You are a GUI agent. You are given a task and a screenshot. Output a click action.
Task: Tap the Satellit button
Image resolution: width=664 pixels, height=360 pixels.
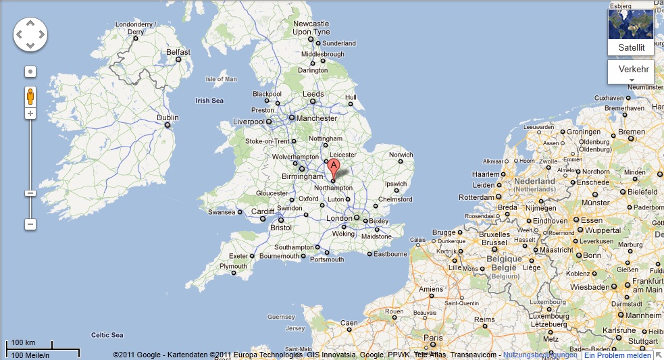point(632,47)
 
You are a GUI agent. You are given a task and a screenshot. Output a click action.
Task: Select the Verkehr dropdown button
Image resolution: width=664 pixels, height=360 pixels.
point(632,70)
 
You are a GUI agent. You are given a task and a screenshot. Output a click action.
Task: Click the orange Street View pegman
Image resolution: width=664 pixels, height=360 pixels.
point(30,96)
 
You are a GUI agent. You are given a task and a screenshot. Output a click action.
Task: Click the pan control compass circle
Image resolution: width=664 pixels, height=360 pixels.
point(30,34)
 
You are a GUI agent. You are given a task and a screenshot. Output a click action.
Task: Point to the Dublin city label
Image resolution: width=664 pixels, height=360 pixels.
point(168,117)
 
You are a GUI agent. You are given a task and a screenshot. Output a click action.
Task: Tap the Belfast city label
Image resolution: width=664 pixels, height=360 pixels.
point(178,52)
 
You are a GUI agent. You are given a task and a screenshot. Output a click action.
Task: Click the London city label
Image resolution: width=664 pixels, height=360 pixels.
point(339,218)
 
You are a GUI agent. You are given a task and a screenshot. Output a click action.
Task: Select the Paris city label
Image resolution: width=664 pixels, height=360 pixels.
point(432,337)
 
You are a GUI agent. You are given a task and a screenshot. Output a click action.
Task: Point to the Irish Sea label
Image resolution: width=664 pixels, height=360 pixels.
point(209,101)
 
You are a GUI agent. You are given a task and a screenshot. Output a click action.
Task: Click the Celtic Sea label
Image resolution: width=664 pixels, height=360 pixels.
point(107,335)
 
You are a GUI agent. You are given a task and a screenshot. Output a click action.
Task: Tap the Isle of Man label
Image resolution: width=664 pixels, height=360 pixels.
point(222,79)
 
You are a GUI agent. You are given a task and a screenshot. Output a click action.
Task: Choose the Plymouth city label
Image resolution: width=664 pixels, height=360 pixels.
point(234,266)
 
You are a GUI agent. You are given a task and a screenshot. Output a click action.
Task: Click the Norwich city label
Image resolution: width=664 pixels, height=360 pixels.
point(401,155)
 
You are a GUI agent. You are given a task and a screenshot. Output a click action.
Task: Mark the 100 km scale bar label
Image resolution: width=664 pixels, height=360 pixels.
point(24,342)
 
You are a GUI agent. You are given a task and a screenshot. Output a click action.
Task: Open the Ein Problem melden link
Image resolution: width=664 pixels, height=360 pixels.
point(617,355)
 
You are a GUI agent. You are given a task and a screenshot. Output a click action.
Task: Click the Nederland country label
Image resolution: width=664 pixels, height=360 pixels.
point(534,182)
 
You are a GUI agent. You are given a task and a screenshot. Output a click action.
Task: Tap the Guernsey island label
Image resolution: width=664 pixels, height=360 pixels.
point(282,316)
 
